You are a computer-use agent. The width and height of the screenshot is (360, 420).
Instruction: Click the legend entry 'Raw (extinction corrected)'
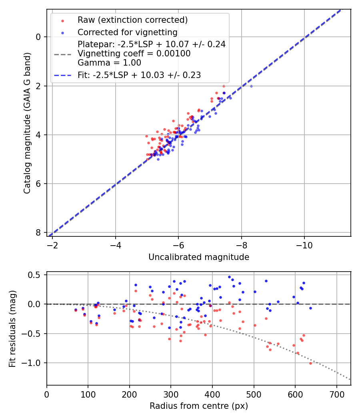point(132,20)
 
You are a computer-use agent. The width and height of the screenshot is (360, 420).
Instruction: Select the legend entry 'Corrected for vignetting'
point(127,32)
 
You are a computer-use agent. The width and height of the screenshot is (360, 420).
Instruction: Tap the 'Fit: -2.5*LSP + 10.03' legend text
point(139,75)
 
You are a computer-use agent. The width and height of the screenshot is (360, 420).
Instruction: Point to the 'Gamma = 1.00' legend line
point(109,62)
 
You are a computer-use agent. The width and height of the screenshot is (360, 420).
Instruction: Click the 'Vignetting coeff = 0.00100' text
point(134,54)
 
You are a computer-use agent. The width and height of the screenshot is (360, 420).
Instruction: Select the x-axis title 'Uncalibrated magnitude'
point(199,257)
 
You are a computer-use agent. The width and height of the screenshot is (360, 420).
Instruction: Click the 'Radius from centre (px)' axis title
point(199,406)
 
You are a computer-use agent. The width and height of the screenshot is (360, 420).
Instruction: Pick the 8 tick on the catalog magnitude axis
point(38,233)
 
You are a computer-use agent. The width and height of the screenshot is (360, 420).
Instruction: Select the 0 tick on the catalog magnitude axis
point(38,37)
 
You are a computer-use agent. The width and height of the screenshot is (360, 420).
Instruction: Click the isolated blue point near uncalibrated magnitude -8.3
point(251,86)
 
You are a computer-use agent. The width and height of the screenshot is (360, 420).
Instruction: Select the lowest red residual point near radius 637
point(310,363)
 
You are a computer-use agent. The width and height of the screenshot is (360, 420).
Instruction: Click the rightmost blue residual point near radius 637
point(310,308)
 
